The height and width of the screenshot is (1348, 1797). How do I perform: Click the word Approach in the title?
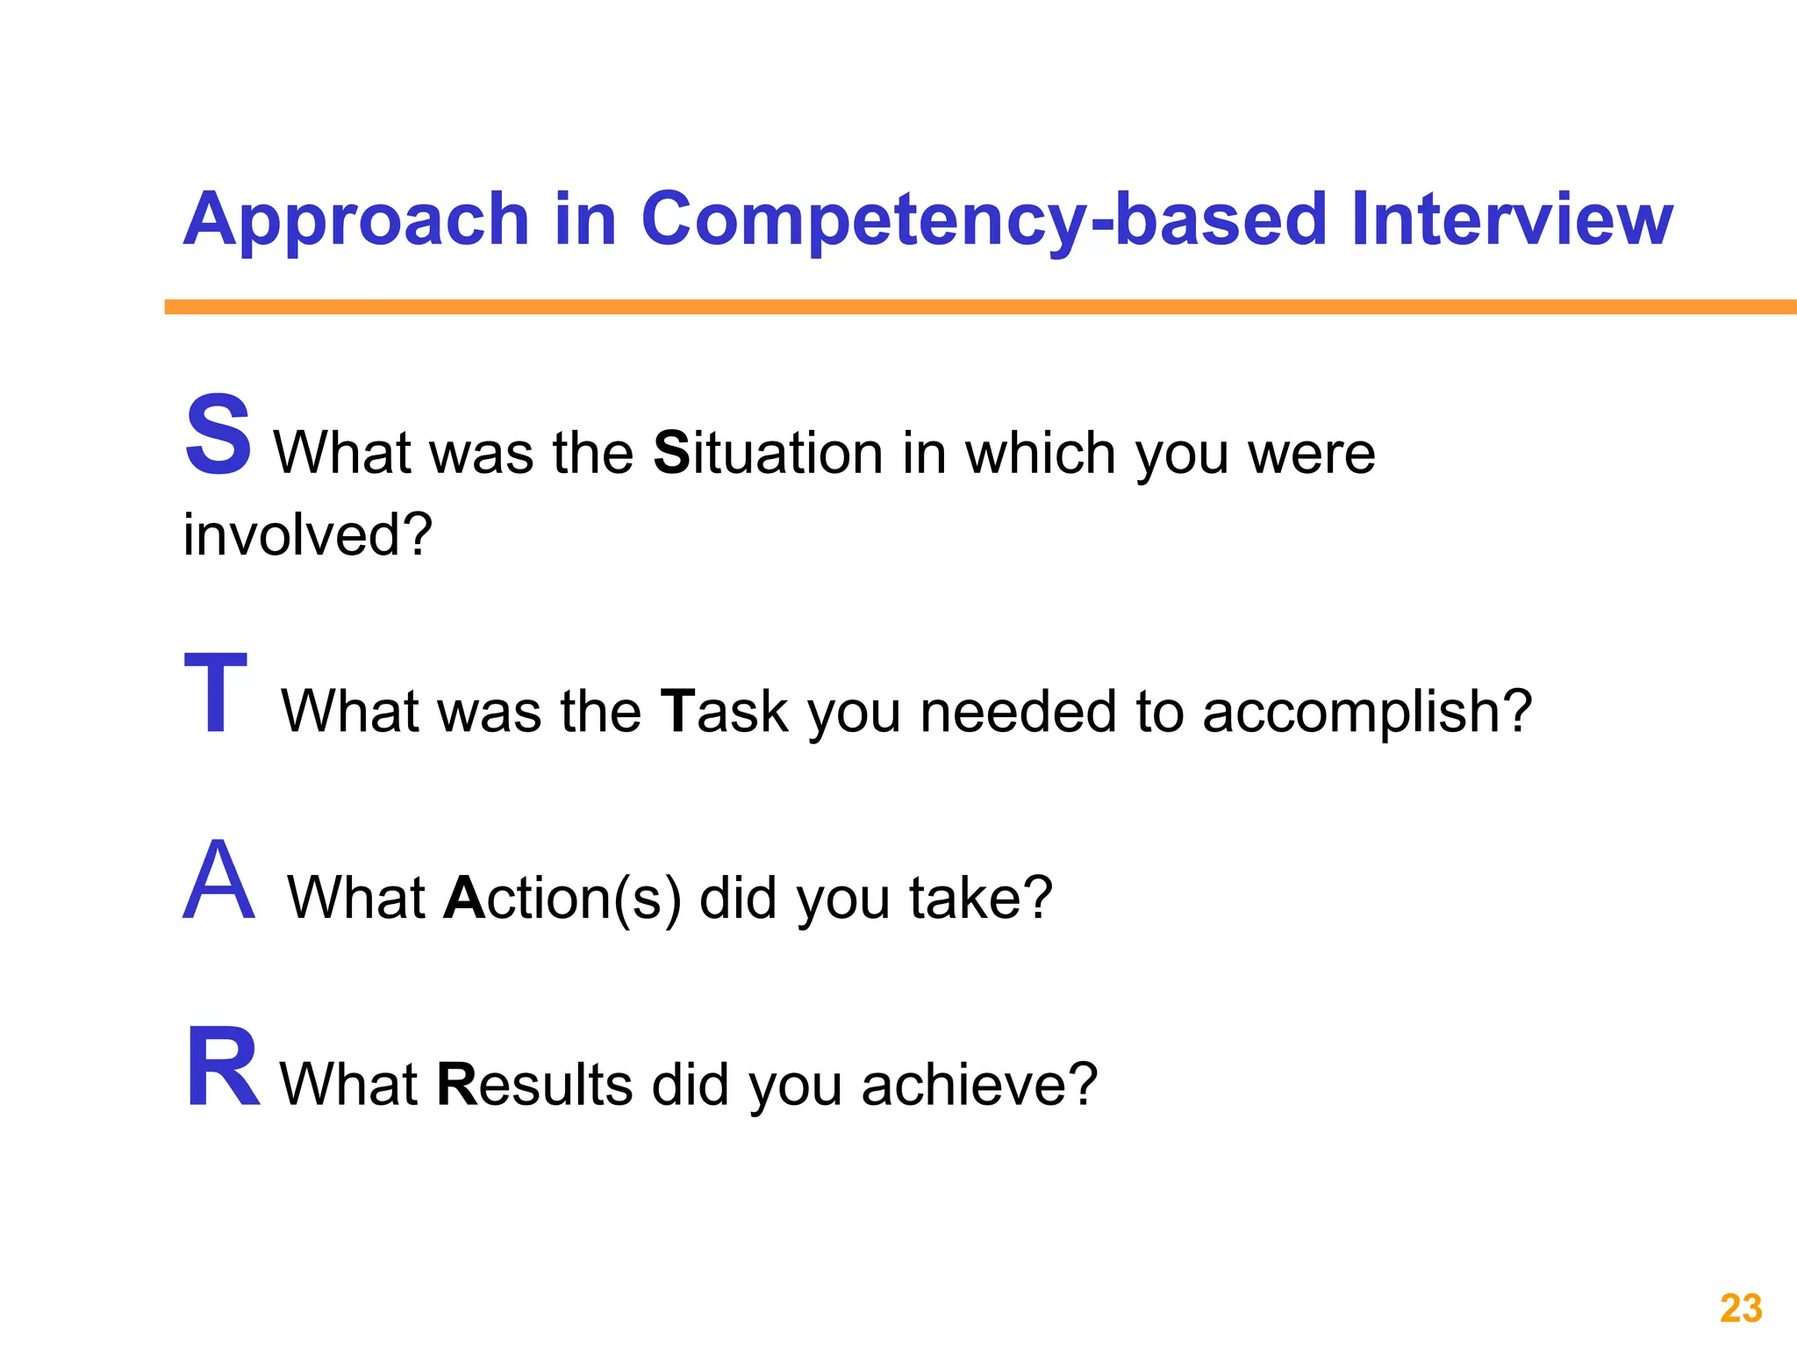(x=356, y=219)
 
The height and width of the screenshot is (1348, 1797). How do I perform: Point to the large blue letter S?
(x=218, y=435)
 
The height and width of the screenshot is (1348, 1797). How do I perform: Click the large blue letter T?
(x=216, y=693)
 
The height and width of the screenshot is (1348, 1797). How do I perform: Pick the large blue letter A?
(x=219, y=880)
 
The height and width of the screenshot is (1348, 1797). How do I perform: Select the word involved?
(x=308, y=534)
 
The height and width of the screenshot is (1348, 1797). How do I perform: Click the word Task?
(x=725, y=711)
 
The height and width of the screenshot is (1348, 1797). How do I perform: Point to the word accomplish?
(x=1366, y=711)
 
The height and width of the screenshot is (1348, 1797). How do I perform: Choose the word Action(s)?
(x=562, y=898)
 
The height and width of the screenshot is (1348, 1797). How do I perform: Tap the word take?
(x=980, y=898)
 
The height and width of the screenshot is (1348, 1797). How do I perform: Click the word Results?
(x=534, y=1085)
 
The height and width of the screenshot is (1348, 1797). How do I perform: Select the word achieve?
(x=979, y=1085)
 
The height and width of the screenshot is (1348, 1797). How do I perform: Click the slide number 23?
(x=1741, y=1309)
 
